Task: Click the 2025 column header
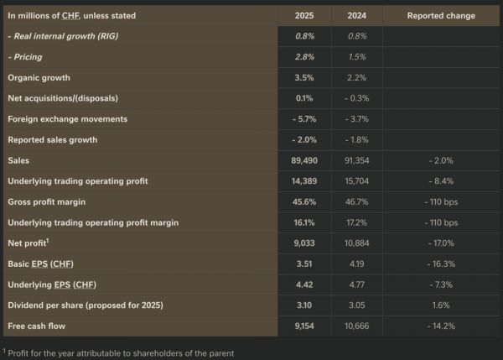coord(304,16)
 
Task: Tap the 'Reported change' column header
coord(441,16)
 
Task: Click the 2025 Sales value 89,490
coord(304,159)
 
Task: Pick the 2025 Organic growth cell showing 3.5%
coord(304,77)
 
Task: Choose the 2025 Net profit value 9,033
coord(304,243)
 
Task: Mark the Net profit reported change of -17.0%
coord(441,243)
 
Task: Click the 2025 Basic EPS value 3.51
coord(304,263)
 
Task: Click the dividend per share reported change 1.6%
coord(441,305)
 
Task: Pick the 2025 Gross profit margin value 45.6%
coord(304,201)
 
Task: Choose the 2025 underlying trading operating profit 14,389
coord(304,180)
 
